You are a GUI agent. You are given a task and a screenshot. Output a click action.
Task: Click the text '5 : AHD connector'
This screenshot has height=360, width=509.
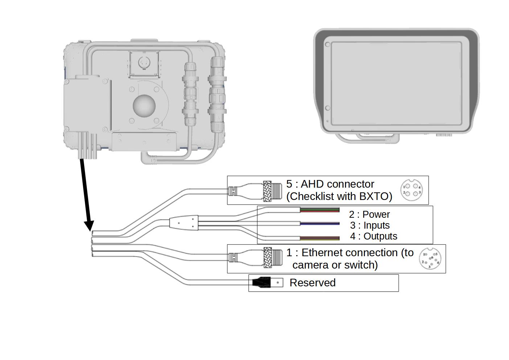coord(330,184)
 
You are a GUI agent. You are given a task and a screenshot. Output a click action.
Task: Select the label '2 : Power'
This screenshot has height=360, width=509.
coord(369,214)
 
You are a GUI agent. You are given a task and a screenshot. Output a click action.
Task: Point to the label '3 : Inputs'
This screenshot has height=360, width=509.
coord(370,225)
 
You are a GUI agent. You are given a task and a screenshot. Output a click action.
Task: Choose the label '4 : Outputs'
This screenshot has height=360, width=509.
coord(373,236)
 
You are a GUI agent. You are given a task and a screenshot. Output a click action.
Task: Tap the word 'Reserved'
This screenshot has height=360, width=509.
coord(312,283)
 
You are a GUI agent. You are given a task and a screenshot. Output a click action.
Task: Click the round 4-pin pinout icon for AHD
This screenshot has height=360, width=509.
coord(411,190)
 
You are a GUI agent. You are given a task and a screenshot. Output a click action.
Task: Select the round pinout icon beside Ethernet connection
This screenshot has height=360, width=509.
coord(430,259)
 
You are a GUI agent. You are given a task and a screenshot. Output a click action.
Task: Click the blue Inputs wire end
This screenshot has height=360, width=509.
coord(320,224)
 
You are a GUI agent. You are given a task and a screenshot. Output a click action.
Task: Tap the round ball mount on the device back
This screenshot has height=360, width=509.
coord(144,106)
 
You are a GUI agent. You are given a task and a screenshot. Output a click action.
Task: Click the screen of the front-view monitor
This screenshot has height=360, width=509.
coord(396,83)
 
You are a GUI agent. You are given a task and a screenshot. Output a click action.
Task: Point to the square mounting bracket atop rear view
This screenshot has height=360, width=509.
coord(144,64)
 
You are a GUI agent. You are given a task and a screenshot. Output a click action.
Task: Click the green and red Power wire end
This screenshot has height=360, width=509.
coord(320,210)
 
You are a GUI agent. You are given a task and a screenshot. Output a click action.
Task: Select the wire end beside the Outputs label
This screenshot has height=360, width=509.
coord(320,238)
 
